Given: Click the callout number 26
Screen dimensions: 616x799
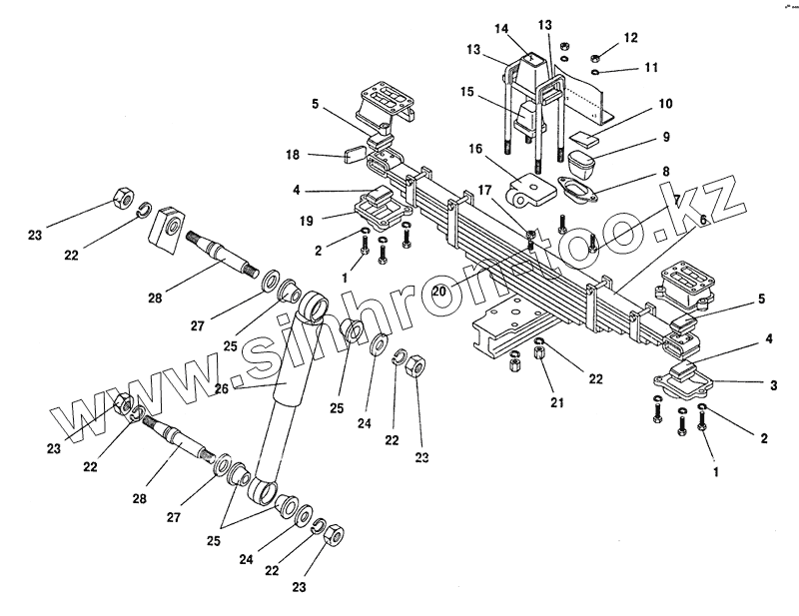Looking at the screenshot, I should pyautogui.click(x=222, y=388).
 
